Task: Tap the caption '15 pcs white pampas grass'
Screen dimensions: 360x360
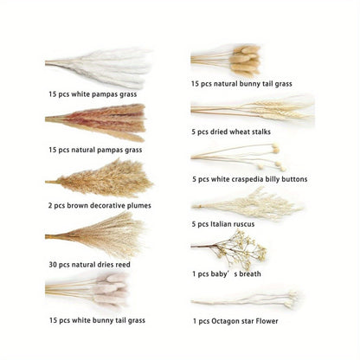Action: (93, 93)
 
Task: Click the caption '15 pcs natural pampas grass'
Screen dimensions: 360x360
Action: (95, 150)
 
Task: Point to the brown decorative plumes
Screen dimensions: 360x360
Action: (102, 178)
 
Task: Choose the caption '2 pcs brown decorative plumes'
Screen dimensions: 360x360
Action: (100, 206)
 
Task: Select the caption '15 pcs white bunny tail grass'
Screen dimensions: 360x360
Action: (96, 319)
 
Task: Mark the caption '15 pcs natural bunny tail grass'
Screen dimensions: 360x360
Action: (241, 84)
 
